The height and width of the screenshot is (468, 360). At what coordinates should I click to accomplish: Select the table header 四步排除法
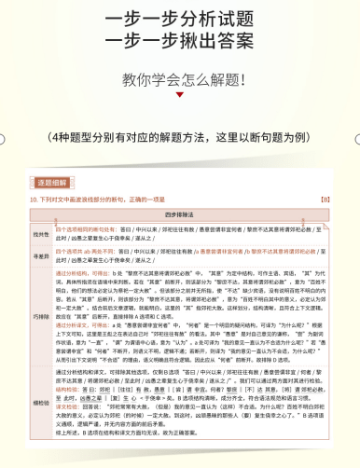pos(179,213)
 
